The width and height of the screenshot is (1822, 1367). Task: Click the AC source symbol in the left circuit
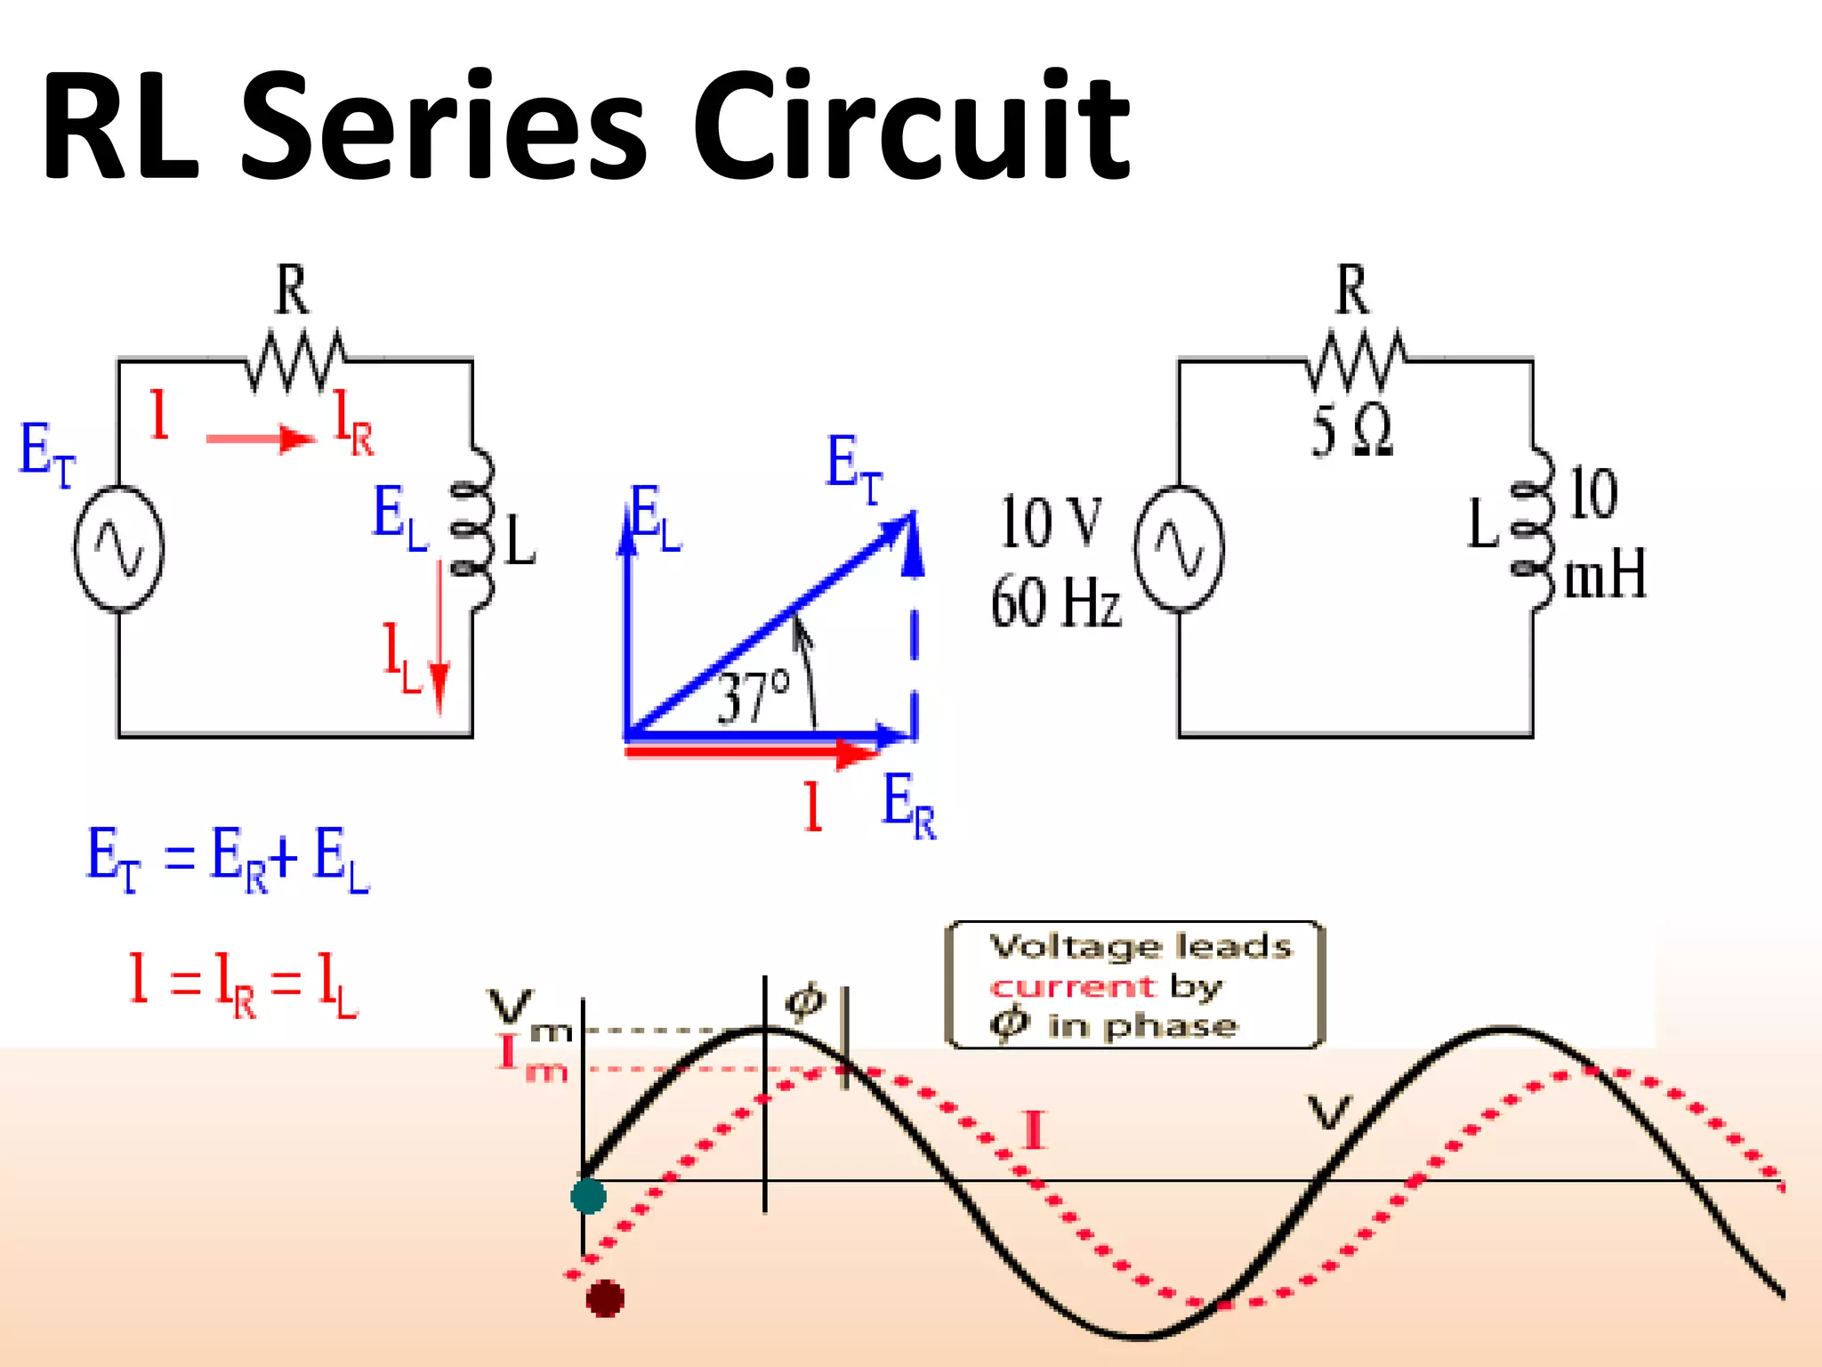click(118, 548)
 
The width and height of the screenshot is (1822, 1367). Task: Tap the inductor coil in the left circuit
click(472, 530)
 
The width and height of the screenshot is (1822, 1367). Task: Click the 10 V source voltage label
click(1051, 522)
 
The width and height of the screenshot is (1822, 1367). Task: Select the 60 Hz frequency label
click(1056, 603)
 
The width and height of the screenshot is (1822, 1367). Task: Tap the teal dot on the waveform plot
click(588, 1195)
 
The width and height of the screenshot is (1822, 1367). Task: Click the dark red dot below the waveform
click(605, 1298)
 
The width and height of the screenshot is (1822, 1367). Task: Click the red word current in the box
click(1073, 987)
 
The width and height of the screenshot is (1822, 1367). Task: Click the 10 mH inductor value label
click(1600, 534)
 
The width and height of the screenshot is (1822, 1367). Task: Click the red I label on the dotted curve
click(1034, 1131)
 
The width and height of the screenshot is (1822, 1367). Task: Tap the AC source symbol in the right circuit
click(1179, 548)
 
